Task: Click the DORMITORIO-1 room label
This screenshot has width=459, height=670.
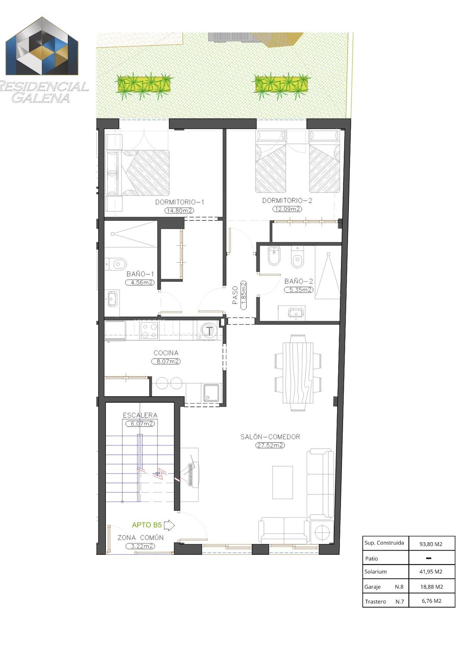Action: [180, 202]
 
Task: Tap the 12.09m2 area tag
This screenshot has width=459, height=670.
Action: [287, 209]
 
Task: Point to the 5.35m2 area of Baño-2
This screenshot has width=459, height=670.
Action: [299, 290]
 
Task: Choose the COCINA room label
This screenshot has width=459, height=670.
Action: [166, 353]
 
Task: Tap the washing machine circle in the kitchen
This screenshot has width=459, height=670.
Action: [209, 330]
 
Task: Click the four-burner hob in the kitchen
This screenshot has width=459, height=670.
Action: [149, 330]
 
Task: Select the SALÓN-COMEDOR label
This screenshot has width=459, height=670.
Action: [270, 437]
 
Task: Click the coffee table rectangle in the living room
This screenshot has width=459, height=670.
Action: [283, 482]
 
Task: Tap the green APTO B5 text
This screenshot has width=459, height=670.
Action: [147, 525]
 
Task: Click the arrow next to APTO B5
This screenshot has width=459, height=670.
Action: [169, 525]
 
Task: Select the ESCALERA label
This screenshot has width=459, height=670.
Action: [140, 415]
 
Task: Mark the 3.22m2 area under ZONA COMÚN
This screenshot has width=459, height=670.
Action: [140, 546]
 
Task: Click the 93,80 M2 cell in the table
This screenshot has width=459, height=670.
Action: [431, 544]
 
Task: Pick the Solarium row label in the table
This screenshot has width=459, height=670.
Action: [375, 572]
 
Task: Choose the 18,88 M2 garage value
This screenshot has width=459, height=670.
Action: [431, 587]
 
